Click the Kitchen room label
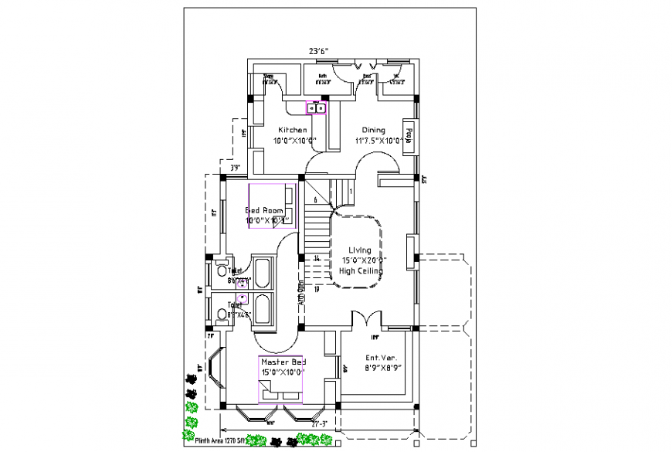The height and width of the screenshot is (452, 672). coord(293,130)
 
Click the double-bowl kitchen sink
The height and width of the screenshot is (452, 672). coord(317,108)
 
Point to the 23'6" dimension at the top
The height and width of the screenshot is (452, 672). coord(319,51)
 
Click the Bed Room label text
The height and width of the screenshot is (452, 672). coord(266,210)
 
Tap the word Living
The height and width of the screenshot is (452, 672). coord(359,250)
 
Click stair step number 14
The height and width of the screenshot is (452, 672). coord(317,258)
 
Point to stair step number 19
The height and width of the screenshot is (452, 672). coord(317,289)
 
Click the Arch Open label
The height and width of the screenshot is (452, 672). coord(300,293)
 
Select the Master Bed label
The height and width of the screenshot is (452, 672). coord(283,362)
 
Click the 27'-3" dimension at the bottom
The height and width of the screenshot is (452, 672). coord(319,424)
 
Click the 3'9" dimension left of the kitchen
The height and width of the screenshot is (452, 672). coord(234,167)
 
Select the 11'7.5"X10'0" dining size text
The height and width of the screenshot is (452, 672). coord(378,141)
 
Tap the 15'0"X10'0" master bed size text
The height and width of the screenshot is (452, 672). coord(283,372)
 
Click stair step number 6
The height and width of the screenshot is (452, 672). coord(316,200)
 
